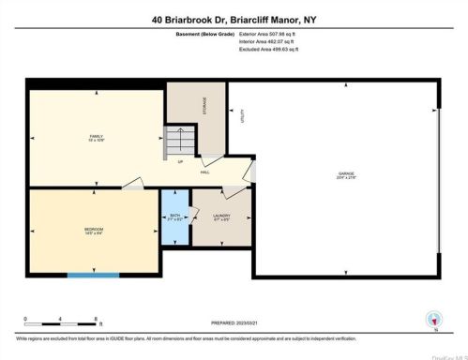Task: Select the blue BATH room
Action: pyautogui.click(x=173, y=217)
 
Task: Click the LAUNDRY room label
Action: pyautogui.click(x=221, y=217)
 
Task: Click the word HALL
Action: pyautogui.click(x=204, y=172)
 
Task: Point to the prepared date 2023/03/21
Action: pyautogui.click(x=234, y=323)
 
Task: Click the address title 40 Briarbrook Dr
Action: pyautogui.click(x=234, y=18)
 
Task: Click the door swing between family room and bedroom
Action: pyautogui.click(x=132, y=185)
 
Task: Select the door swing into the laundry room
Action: pyautogui.click(x=201, y=200)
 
